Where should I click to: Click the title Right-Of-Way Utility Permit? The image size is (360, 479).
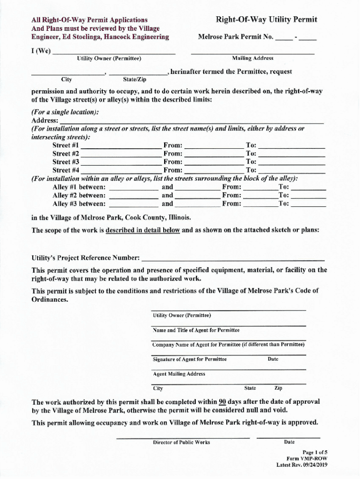(x=266, y=19)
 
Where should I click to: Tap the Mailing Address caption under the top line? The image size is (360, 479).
(x=252, y=58)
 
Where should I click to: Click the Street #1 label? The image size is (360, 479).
(x=65, y=145)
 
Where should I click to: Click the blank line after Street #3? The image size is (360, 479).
(x=122, y=162)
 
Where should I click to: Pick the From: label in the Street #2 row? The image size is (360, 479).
(x=173, y=154)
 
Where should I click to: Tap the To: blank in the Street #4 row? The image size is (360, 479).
(x=292, y=171)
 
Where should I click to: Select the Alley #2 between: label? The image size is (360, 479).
(x=79, y=196)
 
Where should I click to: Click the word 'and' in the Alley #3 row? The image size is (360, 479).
(x=167, y=204)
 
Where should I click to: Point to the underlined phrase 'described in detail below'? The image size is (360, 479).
(x=143, y=230)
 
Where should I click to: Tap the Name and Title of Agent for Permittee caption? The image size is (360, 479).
(x=196, y=330)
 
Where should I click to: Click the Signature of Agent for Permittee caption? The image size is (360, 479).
(x=190, y=359)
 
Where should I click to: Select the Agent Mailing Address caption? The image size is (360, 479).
(x=179, y=374)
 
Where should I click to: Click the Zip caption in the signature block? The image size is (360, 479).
(x=278, y=388)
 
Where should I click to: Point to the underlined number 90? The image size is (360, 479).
(x=223, y=402)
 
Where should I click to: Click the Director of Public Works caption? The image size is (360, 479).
(x=181, y=443)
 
